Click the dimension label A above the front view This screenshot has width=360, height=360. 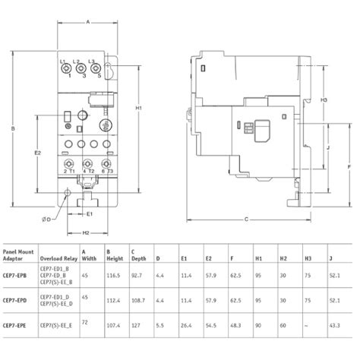(x=88, y=23)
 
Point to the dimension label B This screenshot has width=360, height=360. (x=13, y=129)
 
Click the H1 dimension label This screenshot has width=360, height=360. (x=138, y=109)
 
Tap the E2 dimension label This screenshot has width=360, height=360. (x=37, y=153)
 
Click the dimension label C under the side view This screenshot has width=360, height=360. (x=246, y=219)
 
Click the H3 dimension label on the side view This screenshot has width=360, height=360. (x=324, y=100)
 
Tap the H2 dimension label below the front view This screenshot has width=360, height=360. (x=86, y=232)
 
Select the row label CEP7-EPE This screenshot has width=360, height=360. (x=16, y=325)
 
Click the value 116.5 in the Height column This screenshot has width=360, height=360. (x=113, y=275)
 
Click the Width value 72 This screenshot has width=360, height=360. (x=84, y=323)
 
